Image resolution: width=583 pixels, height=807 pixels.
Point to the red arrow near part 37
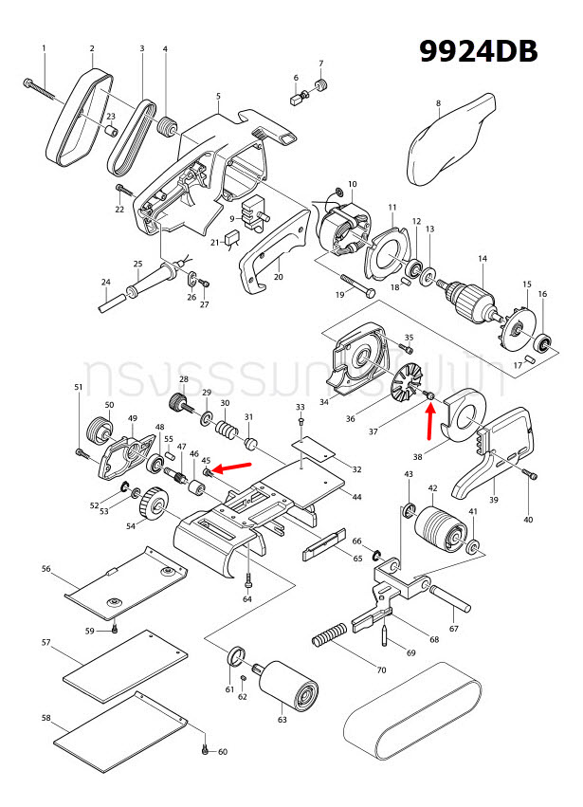pos(431,421)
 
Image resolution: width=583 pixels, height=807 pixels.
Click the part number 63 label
pos(282,721)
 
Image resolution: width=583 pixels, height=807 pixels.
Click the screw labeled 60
pos(205,749)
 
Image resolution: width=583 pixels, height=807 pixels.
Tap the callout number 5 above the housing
pos(218,97)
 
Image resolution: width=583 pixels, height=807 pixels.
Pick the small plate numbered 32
pos(313,446)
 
